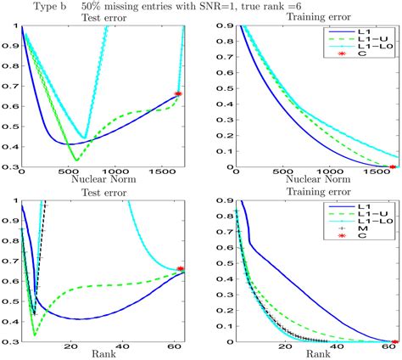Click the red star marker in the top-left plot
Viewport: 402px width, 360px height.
[178, 93]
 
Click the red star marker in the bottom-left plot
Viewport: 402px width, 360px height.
[179, 269]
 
